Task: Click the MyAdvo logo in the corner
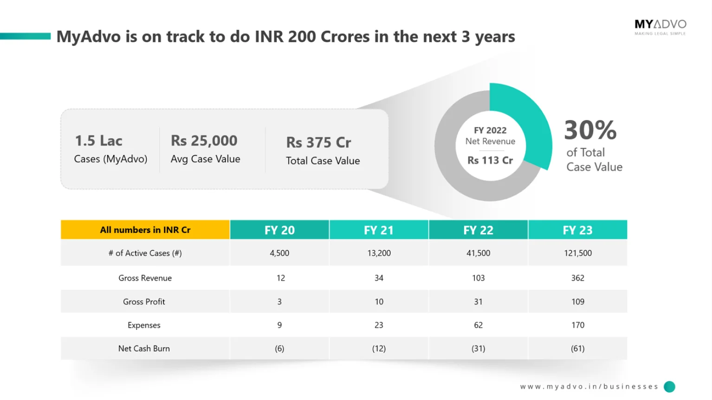click(660, 26)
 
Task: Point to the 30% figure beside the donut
click(590, 130)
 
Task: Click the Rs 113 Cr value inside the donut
click(490, 160)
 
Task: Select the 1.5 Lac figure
click(98, 141)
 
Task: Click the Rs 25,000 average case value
click(204, 141)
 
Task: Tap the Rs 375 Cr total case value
click(318, 142)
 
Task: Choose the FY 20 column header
click(279, 230)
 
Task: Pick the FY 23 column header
click(577, 230)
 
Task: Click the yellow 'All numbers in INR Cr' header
click(145, 230)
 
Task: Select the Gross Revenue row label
click(145, 278)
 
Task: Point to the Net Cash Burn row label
click(144, 348)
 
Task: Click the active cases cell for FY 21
click(379, 253)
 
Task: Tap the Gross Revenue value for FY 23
click(577, 278)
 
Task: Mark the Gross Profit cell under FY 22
click(478, 302)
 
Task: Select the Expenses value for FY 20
click(279, 325)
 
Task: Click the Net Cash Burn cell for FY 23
click(577, 348)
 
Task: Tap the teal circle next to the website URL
click(669, 387)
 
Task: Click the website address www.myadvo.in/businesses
click(589, 387)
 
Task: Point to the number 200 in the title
click(302, 37)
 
